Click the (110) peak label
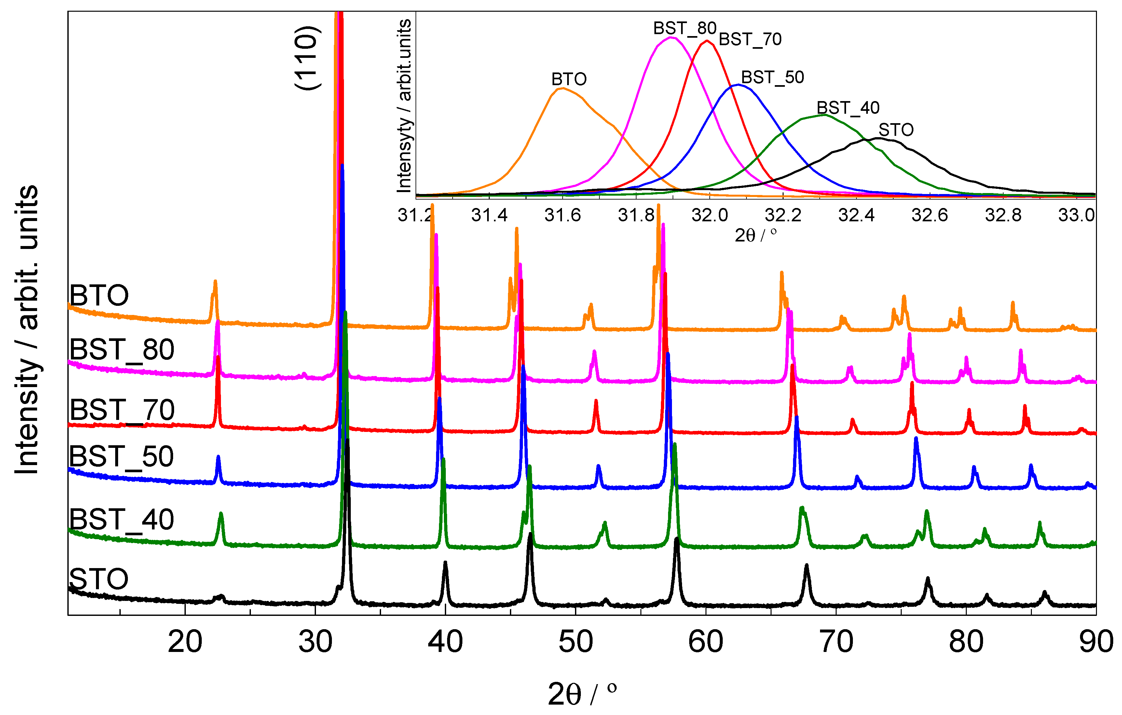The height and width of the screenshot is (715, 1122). click(x=308, y=58)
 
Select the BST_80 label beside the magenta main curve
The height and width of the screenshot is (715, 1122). click(x=122, y=350)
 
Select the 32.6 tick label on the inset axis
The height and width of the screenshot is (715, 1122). click(x=930, y=215)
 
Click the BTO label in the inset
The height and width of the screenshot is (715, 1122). click(x=568, y=79)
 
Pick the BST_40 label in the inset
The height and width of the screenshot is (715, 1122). click(x=848, y=108)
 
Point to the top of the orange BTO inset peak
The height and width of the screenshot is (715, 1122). click(x=562, y=88)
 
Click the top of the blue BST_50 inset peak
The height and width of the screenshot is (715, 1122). click(x=737, y=85)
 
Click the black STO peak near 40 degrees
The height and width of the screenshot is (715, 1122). click(x=445, y=563)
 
